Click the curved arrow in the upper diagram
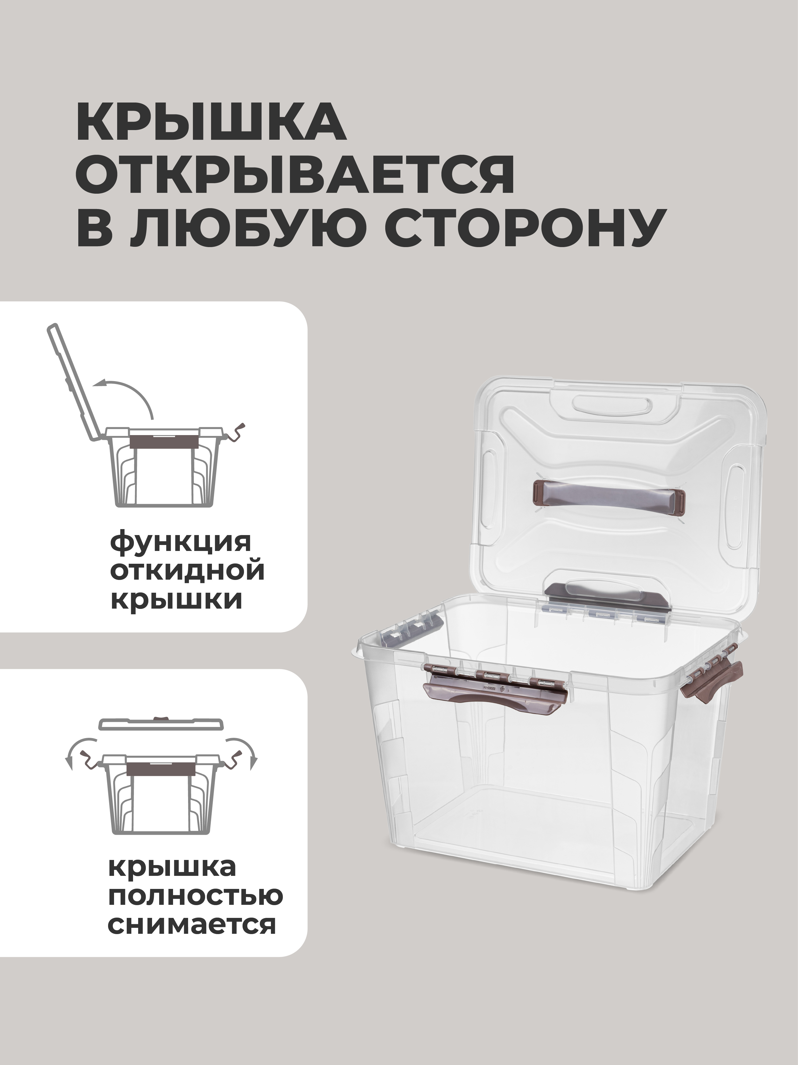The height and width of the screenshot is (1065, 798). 127,396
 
